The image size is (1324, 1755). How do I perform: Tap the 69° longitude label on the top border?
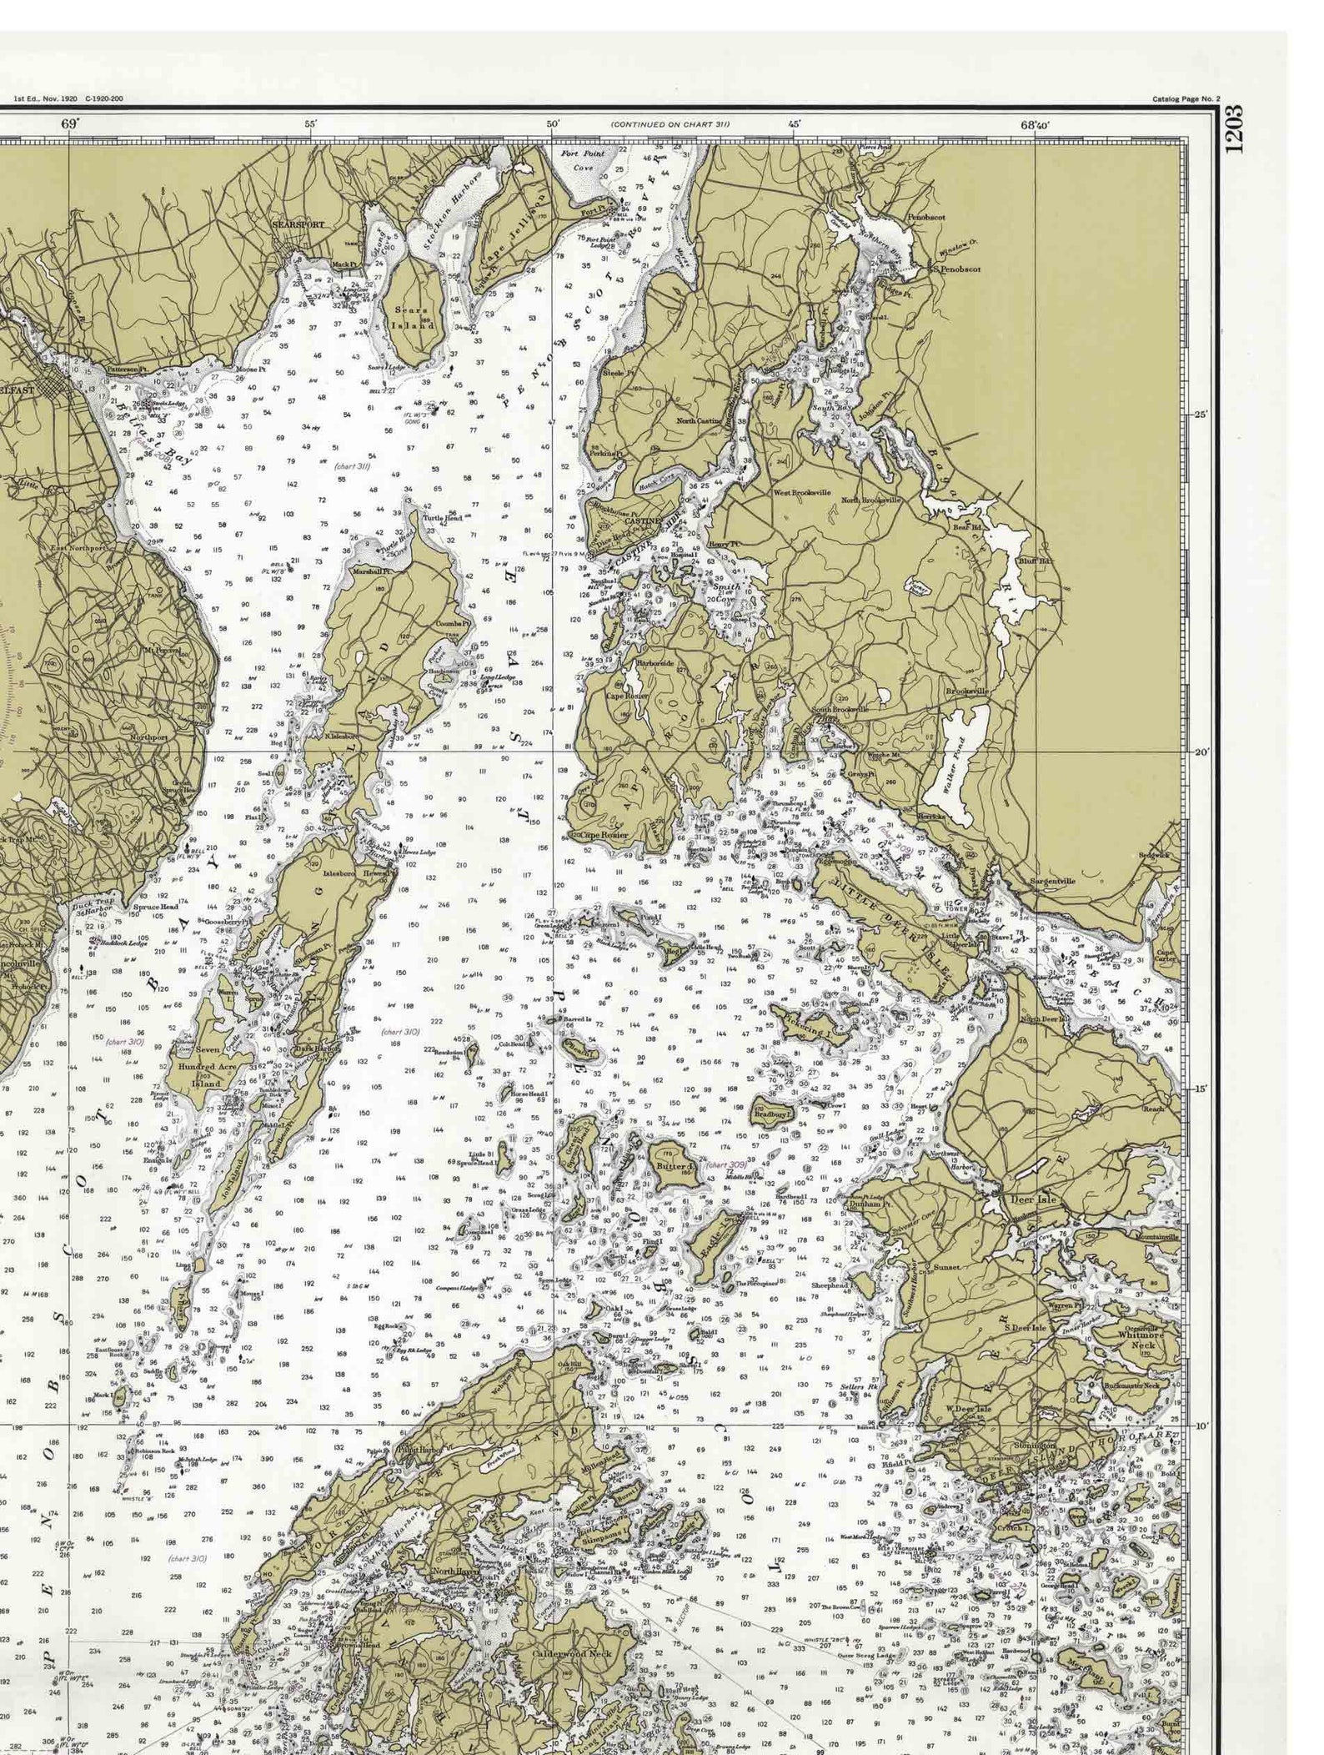click(x=69, y=124)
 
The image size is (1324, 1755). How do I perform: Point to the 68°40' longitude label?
click(x=1035, y=125)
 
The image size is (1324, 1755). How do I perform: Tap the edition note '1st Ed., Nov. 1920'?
click(x=46, y=99)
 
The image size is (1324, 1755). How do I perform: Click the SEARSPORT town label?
click(x=298, y=225)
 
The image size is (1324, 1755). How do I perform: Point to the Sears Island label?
click(x=414, y=318)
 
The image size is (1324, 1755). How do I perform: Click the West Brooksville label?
click(x=801, y=493)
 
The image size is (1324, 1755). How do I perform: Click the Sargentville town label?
click(x=1052, y=881)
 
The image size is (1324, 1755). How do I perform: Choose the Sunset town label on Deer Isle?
click(x=946, y=1267)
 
